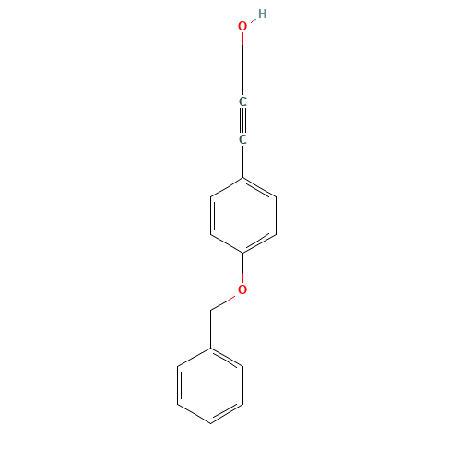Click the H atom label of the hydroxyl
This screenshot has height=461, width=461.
[262, 14]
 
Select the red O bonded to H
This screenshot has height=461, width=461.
[242, 27]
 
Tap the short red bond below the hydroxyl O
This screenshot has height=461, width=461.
[242, 40]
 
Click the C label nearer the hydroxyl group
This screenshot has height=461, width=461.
[242, 101]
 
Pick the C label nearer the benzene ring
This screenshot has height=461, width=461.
[242, 139]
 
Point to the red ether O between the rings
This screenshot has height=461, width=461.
[242, 290]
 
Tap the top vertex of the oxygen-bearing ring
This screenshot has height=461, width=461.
[242, 177]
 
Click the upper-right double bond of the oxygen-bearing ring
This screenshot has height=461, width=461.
[259, 187]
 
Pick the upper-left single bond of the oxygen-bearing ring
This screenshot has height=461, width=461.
[227, 186]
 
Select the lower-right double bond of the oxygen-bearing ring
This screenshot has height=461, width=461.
[259, 242]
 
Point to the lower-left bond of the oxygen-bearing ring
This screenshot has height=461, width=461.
[227, 242]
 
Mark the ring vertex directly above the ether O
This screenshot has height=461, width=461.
[242, 253]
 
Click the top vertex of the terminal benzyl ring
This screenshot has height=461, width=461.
[211, 348]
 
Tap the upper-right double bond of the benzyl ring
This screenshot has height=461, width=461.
[228, 358]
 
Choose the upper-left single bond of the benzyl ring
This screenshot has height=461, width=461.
[195, 357]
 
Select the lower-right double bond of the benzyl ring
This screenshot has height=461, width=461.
[228, 413]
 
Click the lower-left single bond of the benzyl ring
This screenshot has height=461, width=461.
[195, 413]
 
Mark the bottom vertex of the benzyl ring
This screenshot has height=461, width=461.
[211, 423]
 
